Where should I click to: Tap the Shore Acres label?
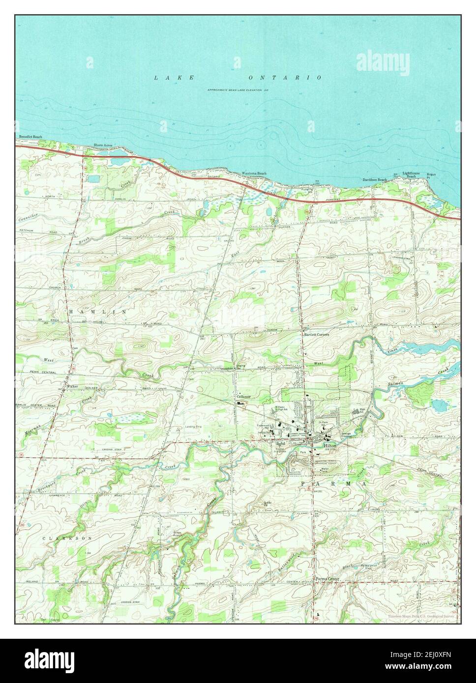pyautogui.click(x=103, y=145)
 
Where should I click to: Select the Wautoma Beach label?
pyautogui.click(x=254, y=173)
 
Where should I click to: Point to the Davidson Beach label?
pyautogui.click(x=375, y=180)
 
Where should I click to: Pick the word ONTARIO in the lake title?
pyautogui.click(x=285, y=78)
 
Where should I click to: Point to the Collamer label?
pyautogui.click(x=243, y=397)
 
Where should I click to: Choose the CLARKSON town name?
pyautogui.click(x=67, y=539)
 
